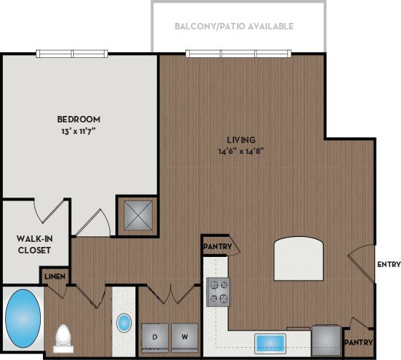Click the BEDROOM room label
pyautogui.click(x=78, y=120)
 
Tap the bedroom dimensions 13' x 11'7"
pyautogui.click(x=78, y=130)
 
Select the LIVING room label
pyautogui.click(x=241, y=140)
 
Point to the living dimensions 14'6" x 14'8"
pyautogui.click(x=241, y=151)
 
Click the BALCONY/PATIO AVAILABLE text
pyautogui.click(x=234, y=26)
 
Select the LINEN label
pyautogui.click(x=56, y=276)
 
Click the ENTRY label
pyautogui.click(x=387, y=264)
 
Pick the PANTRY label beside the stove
pyautogui.click(x=217, y=248)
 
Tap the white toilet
pyautogui.click(x=64, y=336)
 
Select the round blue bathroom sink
pyautogui.click(x=124, y=323)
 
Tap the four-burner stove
pyautogui.click(x=218, y=291)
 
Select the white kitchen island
pyautogui.click(x=299, y=259)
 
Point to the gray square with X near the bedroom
pyautogui.click(x=135, y=214)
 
